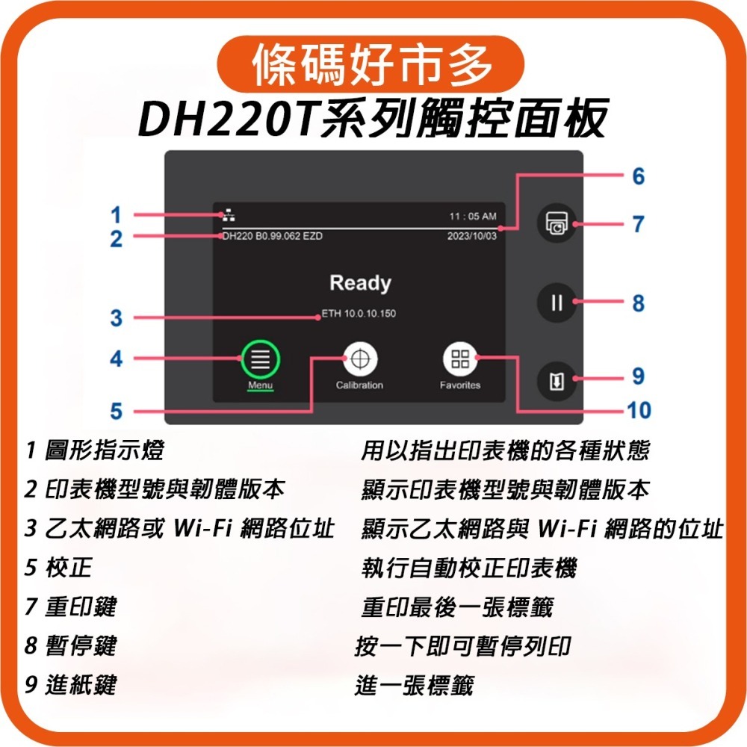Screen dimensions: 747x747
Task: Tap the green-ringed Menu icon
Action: (260, 359)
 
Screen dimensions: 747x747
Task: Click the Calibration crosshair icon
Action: (359, 359)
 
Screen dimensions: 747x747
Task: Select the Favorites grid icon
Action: (459, 359)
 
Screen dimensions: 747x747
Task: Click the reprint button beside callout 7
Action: (557, 223)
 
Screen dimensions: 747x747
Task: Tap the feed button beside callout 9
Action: (557, 381)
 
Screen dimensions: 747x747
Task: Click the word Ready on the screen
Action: (359, 283)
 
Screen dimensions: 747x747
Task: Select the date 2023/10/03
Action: (471, 236)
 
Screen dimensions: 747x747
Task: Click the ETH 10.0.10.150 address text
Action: (359, 313)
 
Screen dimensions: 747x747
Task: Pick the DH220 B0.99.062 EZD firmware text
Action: (273, 236)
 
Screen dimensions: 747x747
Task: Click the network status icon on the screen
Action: (228, 216)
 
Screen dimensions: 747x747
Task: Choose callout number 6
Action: (637, 177)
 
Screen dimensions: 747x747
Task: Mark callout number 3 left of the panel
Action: (116, 318)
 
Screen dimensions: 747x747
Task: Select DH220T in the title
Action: (224, 118)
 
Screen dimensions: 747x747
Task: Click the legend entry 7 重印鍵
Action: (71, 606)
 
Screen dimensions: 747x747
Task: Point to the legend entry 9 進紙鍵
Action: (71, 684)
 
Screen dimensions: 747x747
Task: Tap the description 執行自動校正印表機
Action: (468, 568)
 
